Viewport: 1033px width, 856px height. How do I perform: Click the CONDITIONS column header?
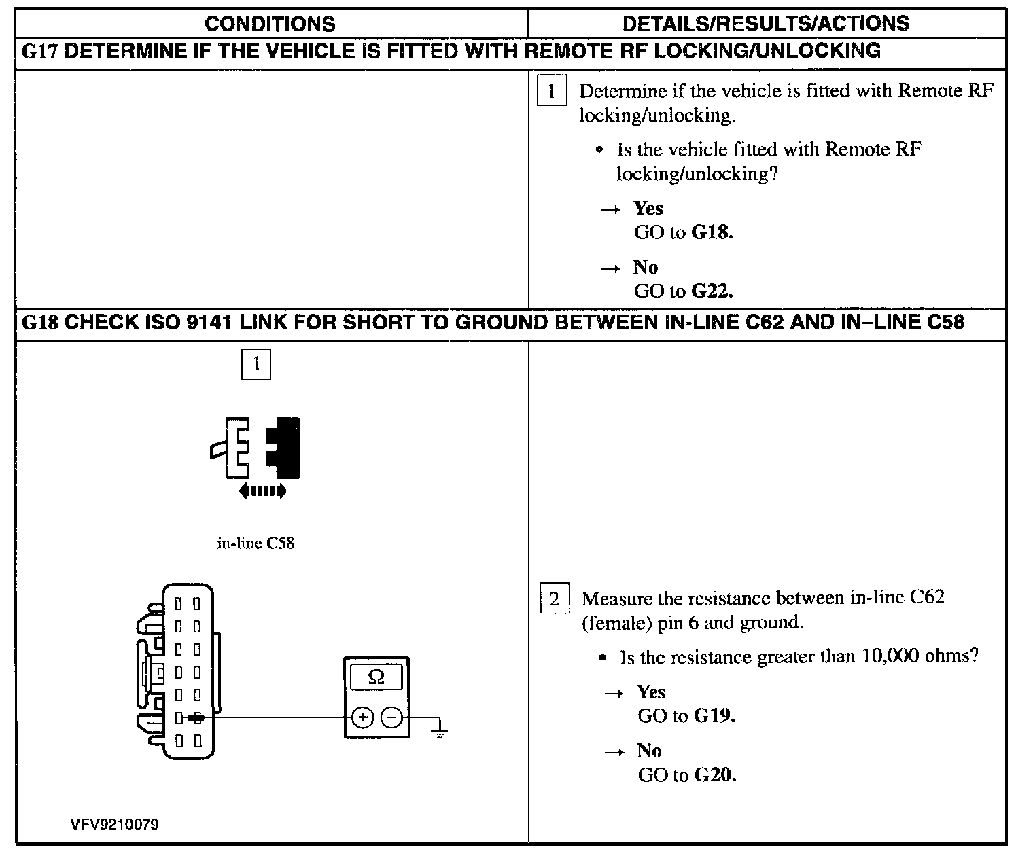[270, 24]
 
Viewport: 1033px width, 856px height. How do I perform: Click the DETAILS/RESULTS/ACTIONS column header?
[766, 23]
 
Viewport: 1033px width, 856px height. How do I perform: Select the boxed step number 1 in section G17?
[551, 91]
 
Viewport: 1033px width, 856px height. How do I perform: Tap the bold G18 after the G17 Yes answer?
[712, 232]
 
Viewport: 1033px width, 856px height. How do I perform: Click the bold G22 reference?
[712, 291]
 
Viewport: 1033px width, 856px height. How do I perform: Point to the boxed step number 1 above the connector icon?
[256, 365]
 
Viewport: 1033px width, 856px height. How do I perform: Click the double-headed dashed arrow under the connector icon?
[262, 491]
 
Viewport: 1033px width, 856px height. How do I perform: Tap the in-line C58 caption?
[256, 543]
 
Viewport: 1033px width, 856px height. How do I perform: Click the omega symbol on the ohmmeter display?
[376, 677]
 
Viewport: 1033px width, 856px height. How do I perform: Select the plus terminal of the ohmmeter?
[363, 717]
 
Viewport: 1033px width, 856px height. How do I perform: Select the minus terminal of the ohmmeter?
[391, 717]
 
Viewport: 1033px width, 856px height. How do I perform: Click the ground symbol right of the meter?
[440, 731]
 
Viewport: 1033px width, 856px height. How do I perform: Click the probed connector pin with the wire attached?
[196, 717]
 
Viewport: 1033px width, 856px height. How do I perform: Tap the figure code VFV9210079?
[114, 825]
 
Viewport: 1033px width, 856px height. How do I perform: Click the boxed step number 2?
[554, 599]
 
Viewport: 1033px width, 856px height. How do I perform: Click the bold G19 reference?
[716, 716]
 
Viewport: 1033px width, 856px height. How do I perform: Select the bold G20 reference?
[716, 775]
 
